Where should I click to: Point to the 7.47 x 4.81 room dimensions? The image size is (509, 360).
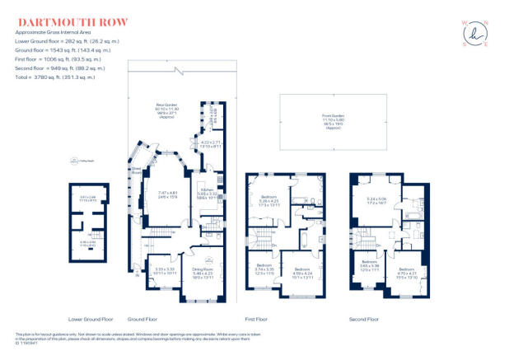pos(167,195)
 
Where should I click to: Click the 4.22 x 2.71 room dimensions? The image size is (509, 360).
pos(212,144)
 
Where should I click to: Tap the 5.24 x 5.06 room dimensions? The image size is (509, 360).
pos(377,200)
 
